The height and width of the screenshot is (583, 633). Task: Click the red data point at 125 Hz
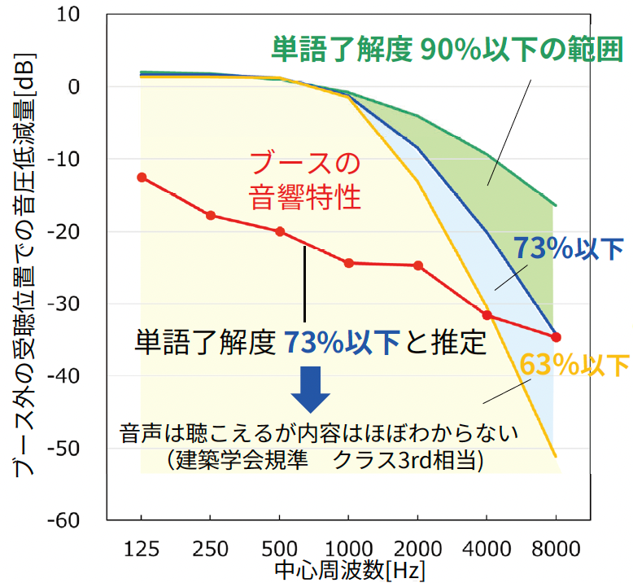click(x=142, y=177)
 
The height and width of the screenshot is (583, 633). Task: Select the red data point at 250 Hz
click(x=211, y=216)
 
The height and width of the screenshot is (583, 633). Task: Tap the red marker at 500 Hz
click(x=280, y=231)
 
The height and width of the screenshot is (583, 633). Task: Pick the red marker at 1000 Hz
click(x=349, y=263)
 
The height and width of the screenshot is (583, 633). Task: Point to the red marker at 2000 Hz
click(x=418, y=265)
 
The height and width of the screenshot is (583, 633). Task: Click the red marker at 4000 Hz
click(x=487, y=315)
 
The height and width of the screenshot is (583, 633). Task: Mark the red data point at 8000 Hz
click(x=557, y=337)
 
